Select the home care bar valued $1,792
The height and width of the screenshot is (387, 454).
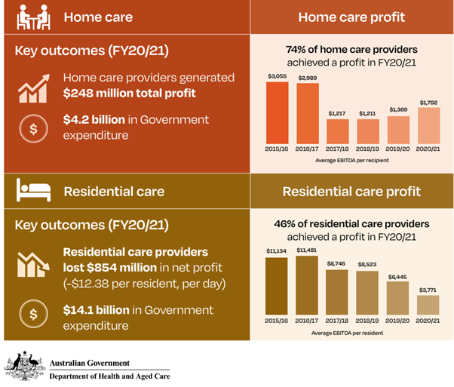click(x=428, y=125)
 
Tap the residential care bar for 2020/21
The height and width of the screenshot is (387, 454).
click(x=428, y=304)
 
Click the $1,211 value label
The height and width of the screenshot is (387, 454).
click(x=368, y=113)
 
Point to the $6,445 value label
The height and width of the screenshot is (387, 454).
click(x=397, y=277)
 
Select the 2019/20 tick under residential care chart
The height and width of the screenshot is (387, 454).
click(x=397, y=321)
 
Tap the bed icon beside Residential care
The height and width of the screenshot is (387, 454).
click(x=32, y=190)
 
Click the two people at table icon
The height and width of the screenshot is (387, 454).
click(x=32, y=17)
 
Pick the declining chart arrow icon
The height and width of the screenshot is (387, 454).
click(x=33, y=264)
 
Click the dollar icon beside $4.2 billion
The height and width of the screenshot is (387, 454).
click(x=32, y=127)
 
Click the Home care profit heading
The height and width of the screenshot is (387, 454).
click(x=351, y=17)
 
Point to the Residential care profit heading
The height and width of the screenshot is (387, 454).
click(x=351, y=191)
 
